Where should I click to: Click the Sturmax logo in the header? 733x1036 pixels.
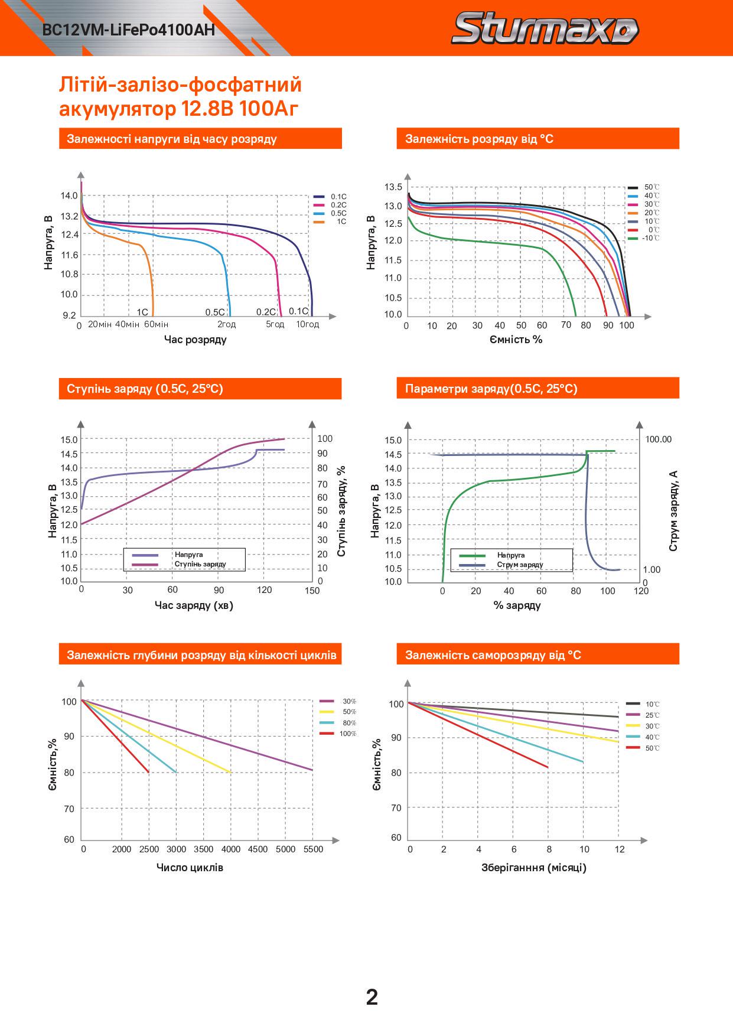tap(545, 30)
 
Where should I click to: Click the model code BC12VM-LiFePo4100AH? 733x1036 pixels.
tap(129, 30)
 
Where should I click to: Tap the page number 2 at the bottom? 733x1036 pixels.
tap(372, 997)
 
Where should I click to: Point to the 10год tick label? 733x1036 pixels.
tap(307, 324)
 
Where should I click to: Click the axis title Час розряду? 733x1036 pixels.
tap(195, 340)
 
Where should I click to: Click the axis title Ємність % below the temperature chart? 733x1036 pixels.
tap(516, 340)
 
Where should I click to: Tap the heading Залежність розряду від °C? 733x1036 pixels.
tap(479, 139)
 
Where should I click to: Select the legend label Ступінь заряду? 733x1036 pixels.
tap(200, 564)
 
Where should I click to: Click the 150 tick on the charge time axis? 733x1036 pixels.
tap(312, 590)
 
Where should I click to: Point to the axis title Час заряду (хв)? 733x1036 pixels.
tap(194, 605)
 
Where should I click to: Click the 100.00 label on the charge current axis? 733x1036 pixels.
tap(659, 439)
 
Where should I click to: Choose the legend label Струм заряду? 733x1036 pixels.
tap(520, 565)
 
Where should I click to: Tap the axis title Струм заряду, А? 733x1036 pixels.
tap(673, 512)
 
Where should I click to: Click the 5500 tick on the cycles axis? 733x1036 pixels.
tap(313, 849)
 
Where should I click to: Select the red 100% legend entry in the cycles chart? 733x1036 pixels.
tap(347, 734)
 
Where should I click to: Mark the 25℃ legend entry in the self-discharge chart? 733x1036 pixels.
tap(652, 715)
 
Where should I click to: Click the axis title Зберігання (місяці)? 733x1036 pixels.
tap(534, 868)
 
